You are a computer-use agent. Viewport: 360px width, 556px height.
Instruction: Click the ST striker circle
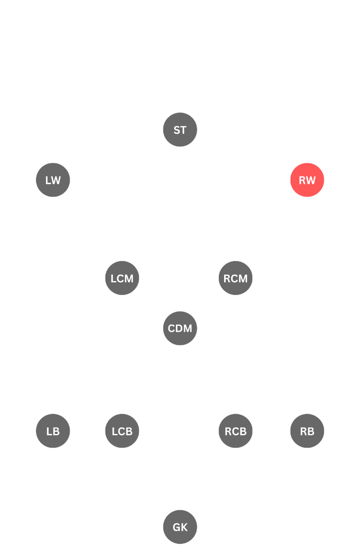[x=180, y=129]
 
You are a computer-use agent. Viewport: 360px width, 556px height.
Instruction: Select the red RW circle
[x=307, y=180]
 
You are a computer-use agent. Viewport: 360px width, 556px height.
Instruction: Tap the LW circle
[x=53, y=180]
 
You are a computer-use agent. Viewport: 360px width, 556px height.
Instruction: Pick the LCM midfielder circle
[x=122, y=278]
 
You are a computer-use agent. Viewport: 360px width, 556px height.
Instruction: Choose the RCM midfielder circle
[x=235, y=278]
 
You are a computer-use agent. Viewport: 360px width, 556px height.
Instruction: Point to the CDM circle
[x=180, y=328]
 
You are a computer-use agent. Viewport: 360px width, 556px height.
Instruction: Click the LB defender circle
[x=53, y=431]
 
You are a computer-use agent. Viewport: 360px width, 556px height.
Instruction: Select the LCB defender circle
[x=122, y=431]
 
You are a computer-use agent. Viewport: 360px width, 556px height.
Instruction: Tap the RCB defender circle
[x=235, y=431]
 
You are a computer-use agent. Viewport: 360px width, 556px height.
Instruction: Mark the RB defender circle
[x=307, y=431]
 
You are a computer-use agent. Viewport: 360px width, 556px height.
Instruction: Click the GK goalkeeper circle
[x=180, y=527]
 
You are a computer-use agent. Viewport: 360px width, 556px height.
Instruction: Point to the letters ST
[x=180, y=130]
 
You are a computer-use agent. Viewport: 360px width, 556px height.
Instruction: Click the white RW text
[x=307, y=180]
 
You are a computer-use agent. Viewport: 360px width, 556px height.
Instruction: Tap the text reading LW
[x=53, y=180]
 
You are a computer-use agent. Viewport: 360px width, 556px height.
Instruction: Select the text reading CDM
[x=180, y=328]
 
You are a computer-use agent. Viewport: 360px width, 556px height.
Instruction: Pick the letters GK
[x=180, y=527]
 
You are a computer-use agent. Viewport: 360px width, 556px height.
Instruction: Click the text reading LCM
[x=122, y=278]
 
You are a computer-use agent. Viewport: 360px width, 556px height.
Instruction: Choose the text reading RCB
[x=235, y=431]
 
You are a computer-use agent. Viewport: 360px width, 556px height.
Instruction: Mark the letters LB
[x=53, y=431]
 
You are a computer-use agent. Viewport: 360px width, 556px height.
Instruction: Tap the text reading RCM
[x=235, y=278]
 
